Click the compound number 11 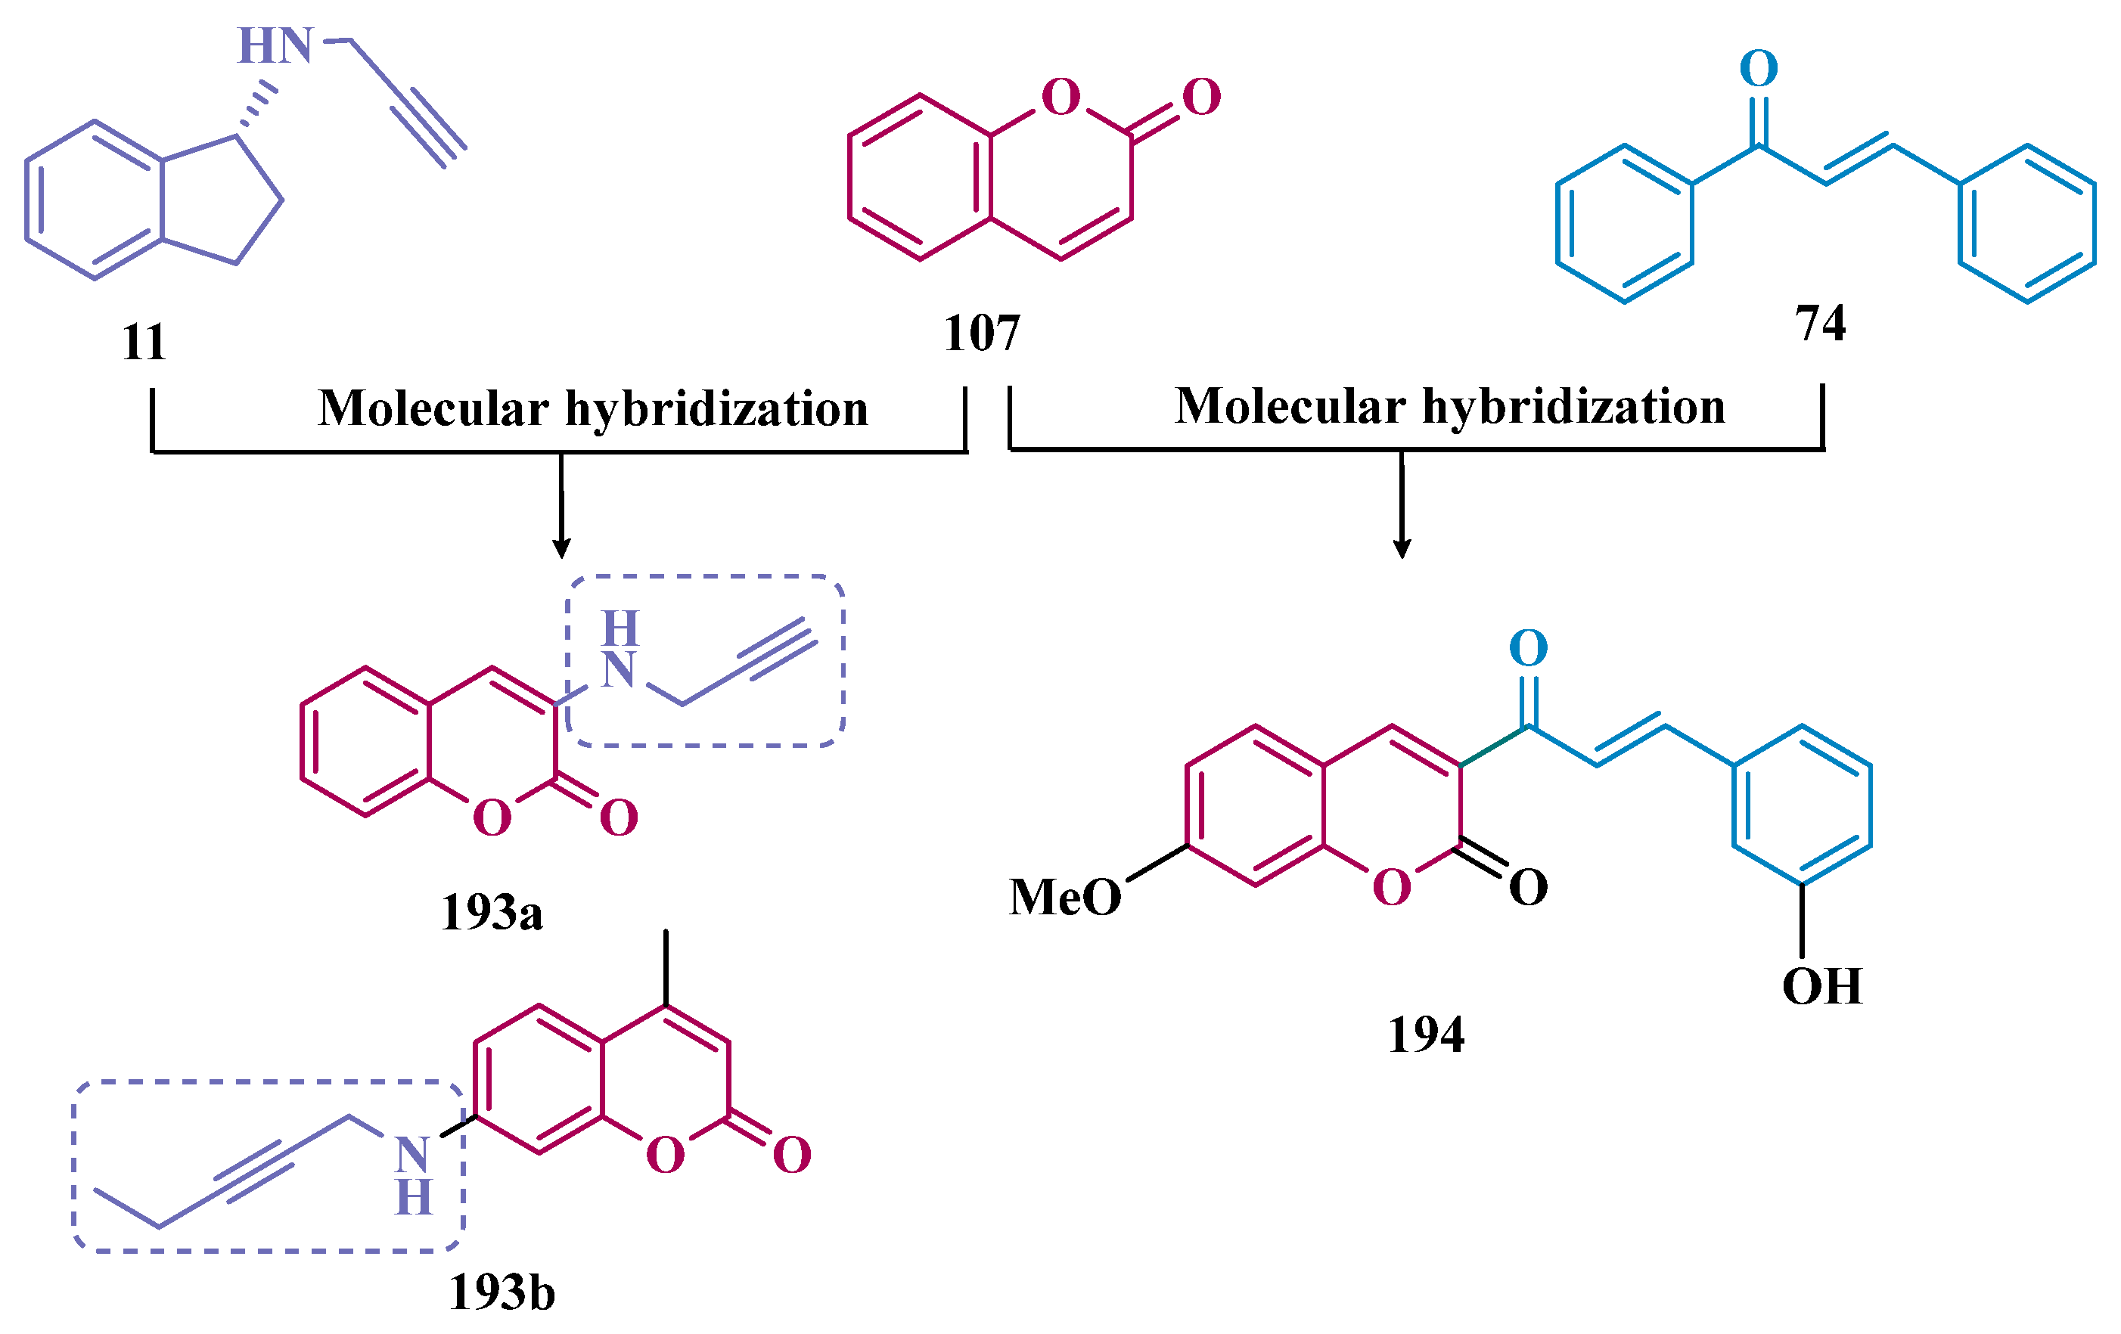[x=144, y=342]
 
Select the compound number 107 [x=981, y=333]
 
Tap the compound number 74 [x=1820, y=322]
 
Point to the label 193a [x=492, y=912]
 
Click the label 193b [x=502, y=1292]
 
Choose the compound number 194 [x=1426, y=1035]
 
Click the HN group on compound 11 [x=275, y=46]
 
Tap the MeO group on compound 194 [x=1065, y=897]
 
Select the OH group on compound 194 [x=1821, y=986]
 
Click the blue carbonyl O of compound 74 [x=1759, y=69]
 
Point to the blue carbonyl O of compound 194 [x=1528, y=649]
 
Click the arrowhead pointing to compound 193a [x=561, y=548]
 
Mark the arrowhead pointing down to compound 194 [x=1402, y=548]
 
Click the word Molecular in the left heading [x=433, y=408]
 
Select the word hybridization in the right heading [x=1573, y=407]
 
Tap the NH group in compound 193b [x=413, y=1174]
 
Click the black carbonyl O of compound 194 [x=1528, y=888]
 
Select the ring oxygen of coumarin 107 [x=1060, y=97]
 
